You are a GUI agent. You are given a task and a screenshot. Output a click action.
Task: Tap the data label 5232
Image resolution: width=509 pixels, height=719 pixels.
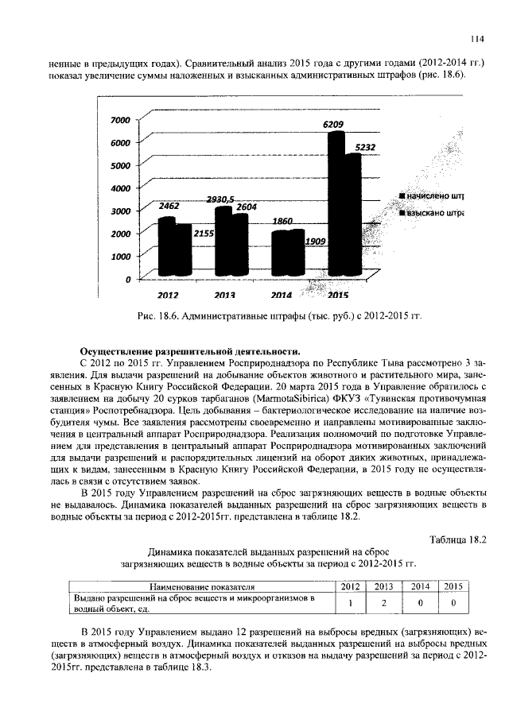point(365,147)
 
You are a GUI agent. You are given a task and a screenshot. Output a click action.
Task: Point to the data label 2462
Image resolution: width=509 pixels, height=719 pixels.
point(169,206)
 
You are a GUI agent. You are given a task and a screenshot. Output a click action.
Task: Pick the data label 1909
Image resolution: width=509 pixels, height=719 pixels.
point(318,241)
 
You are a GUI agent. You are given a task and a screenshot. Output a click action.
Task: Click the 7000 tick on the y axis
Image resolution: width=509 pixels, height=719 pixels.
point(119,120)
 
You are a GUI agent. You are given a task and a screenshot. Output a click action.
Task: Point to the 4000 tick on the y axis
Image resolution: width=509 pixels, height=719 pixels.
point(119,189)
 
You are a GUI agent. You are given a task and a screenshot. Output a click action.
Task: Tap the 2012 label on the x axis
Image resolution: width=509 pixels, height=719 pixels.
point(168,296)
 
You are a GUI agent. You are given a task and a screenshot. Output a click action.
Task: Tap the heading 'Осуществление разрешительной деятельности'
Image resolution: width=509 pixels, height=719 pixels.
point(190,350)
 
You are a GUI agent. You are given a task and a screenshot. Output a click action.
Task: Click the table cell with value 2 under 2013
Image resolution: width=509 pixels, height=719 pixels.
point(383,603)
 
